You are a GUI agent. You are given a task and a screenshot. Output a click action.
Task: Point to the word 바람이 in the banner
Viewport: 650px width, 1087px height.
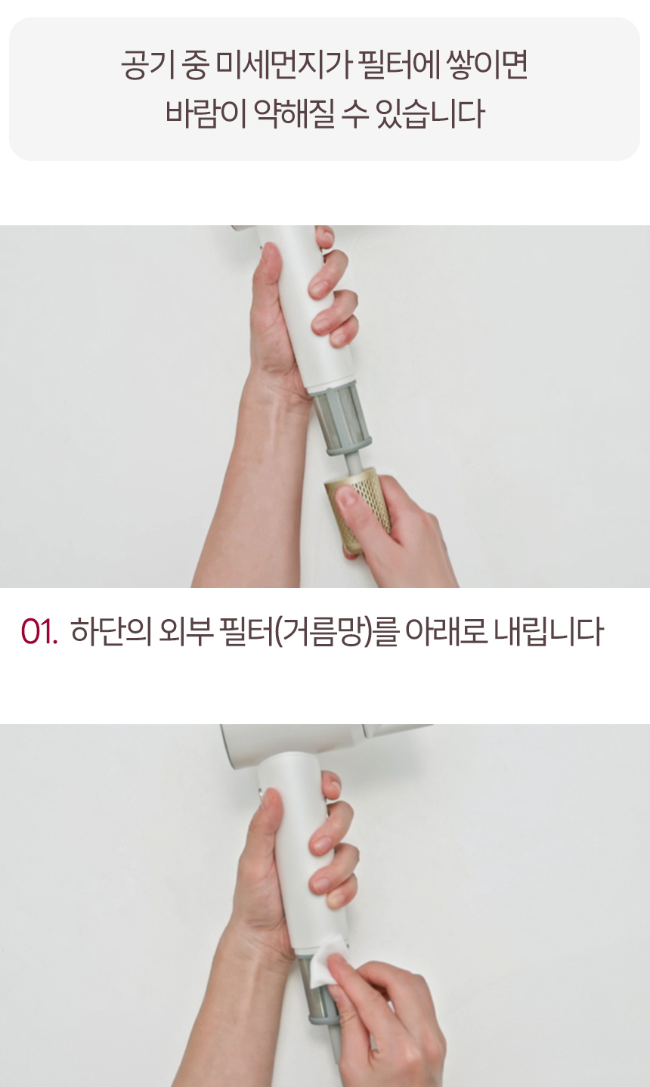204,114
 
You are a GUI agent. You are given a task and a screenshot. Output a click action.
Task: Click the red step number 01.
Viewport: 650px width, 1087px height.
39,632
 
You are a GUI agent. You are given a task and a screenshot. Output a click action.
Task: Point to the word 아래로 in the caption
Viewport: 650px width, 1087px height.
446,632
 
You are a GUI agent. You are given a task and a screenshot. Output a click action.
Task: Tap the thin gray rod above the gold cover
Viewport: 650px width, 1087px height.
353,462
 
